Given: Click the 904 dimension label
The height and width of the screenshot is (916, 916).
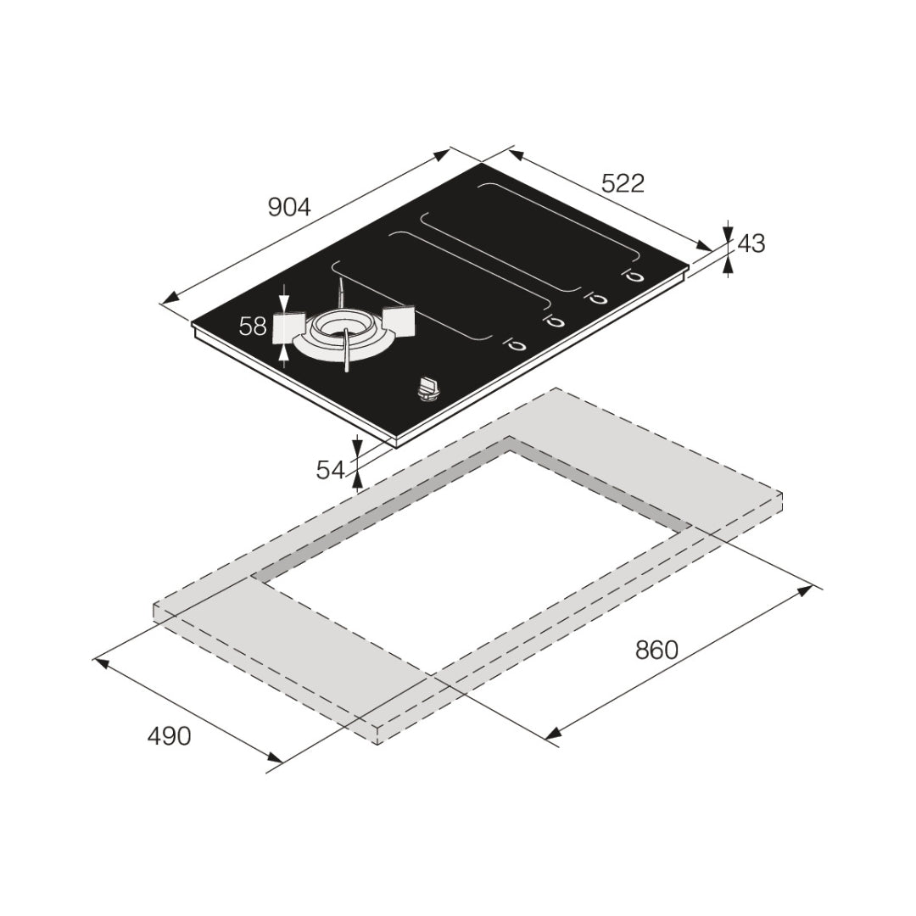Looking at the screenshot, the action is click(290, 207).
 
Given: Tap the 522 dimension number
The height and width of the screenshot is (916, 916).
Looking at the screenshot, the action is click(623, 183).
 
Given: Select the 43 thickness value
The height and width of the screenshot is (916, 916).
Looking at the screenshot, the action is click(751, 243).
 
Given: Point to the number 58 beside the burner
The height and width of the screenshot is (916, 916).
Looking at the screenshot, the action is click(253, 326).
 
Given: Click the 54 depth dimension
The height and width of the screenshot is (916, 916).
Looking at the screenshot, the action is click(331, 470).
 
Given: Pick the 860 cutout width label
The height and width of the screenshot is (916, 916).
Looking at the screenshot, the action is click(656, 650).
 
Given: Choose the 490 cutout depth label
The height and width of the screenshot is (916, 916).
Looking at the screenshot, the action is click(169, 736).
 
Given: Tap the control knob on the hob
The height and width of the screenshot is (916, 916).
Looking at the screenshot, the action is click(429, 389).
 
